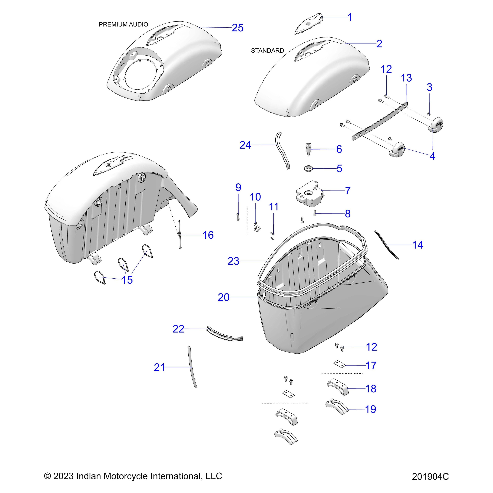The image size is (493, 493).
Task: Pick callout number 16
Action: [x=208, y=235]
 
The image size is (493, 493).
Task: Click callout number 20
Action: [x=223, y=297]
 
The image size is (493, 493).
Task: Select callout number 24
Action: [x=245, y=145]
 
